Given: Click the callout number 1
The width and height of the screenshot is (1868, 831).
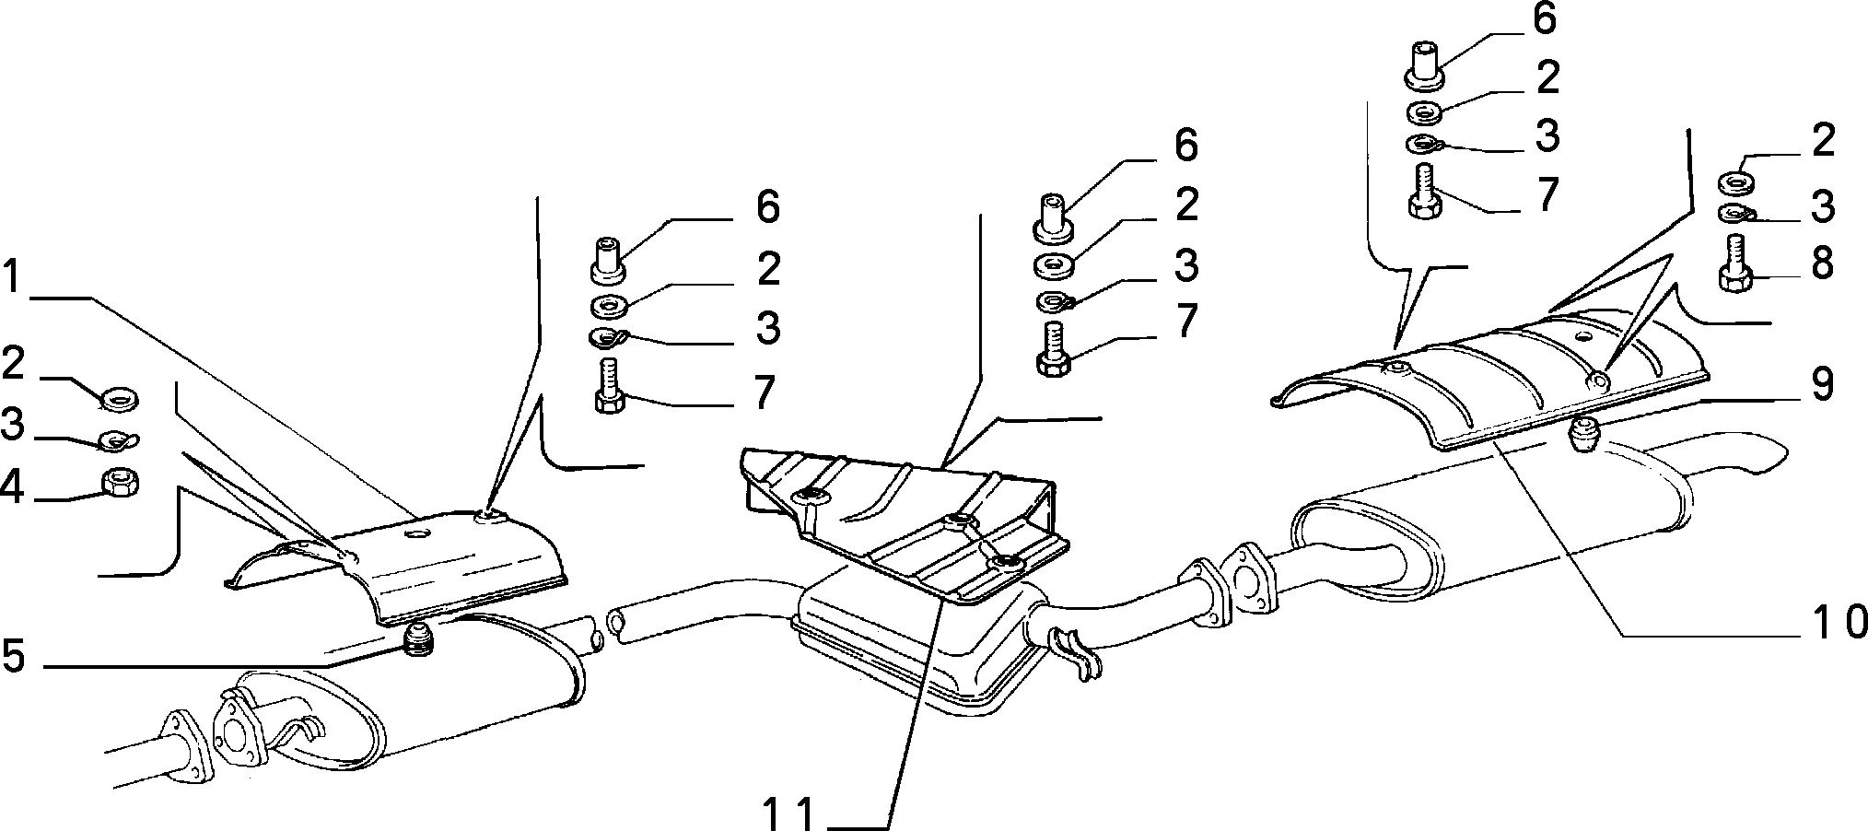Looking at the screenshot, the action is pyautogui.click(x=12, y=277).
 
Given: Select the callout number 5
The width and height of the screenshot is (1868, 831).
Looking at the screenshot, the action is pyautogui.click(x=14, y=657).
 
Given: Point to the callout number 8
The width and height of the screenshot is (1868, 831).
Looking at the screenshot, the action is pyautogui.click(x=1821, y=263).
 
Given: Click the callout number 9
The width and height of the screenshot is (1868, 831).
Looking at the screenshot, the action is pyautogui.click(x=1821, y=385).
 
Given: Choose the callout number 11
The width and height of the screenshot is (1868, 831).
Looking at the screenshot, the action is pyautogui.click(x=789, y=813).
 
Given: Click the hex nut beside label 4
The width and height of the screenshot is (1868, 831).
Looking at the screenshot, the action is pyautogui.click(x=118, y=482).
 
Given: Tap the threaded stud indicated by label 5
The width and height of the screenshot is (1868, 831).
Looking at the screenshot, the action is pyautogui.click(x=419, y=638).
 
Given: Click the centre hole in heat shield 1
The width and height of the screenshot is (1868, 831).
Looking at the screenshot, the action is pyautogui.click(x=418, y=534).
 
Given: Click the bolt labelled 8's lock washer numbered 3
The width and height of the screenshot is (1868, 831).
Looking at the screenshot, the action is pyautogui.click(x=1736, y=215).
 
